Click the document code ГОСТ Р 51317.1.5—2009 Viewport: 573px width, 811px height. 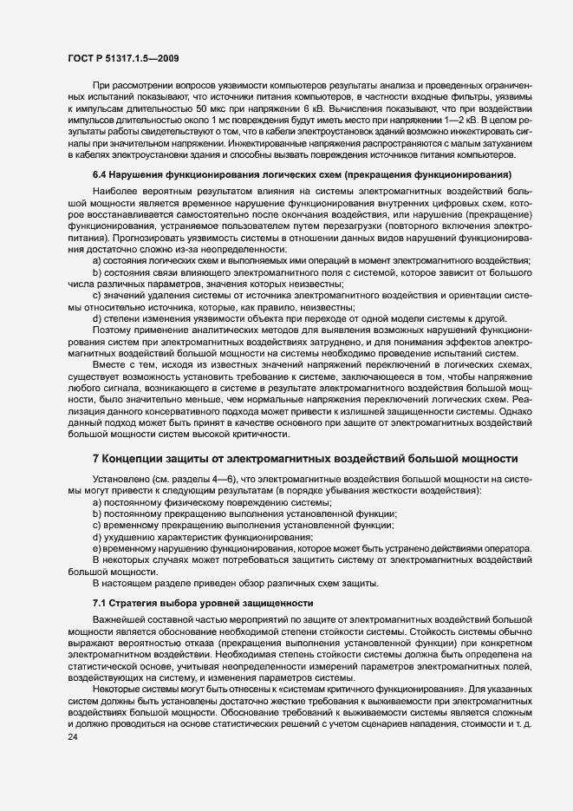click(123, 58)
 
